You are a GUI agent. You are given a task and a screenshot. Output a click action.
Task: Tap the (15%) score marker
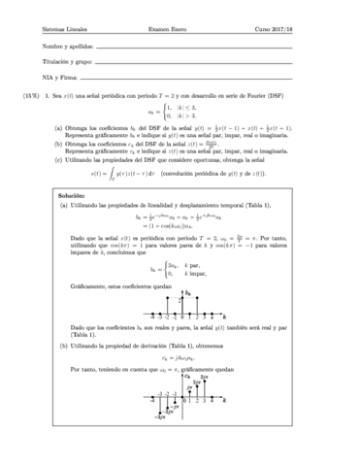click(33, 98)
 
